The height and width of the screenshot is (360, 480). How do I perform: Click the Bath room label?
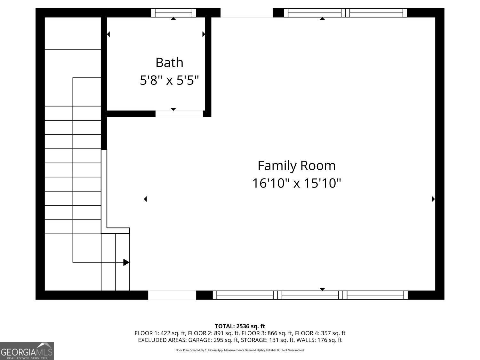tap(169, 62)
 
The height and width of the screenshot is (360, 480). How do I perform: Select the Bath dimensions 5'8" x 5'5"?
tap(169, 80)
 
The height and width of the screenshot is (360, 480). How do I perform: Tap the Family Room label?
tap(296, 165)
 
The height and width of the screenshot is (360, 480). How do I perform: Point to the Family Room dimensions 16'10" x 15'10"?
tap(296, 183)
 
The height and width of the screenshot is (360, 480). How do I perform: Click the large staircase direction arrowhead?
tap(126, 262)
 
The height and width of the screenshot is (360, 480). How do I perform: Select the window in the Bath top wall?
tap(173, 13)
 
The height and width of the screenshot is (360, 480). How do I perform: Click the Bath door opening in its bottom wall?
tap(179, 114)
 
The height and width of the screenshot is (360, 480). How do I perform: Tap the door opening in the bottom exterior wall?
tap(172, 295)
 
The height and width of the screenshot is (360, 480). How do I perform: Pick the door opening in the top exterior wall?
tap(246, 13)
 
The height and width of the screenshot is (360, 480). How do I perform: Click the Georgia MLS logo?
tap(27, 351)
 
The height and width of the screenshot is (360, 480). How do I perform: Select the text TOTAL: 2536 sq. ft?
tap(240, 326)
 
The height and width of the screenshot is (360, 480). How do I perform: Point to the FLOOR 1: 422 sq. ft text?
tap(160, 333)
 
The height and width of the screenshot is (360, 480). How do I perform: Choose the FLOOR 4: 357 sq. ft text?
tap(320, 333)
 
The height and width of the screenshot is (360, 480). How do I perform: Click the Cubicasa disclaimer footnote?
tap(240, 350)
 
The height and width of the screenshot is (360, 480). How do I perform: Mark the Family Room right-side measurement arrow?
tap(433, 199)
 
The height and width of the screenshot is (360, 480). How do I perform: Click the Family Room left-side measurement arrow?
tap(145, 199)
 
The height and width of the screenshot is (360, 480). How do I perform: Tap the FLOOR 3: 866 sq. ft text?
tap(267, 333)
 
